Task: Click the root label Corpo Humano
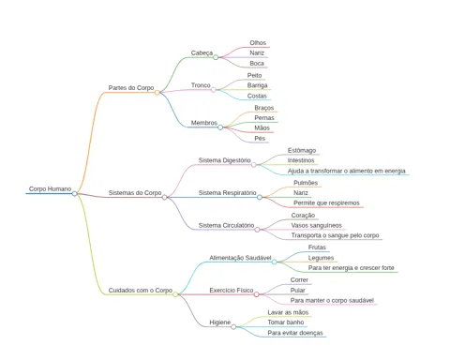50,188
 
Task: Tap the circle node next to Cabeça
216,57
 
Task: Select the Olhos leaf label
258,43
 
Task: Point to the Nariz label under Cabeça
257,53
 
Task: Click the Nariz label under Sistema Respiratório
301,193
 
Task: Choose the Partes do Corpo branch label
131,88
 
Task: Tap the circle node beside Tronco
213,90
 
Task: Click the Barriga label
257,85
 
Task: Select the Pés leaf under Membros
260,138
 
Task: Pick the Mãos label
262,127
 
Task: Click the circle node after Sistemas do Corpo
164,197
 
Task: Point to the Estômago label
302,151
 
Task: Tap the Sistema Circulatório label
226,225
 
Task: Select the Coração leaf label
303,216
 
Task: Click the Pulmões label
306,183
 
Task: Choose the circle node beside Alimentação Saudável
274,262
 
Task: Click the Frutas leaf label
317,247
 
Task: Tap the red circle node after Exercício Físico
256,294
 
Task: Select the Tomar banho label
286,322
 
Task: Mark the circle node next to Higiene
233,327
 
